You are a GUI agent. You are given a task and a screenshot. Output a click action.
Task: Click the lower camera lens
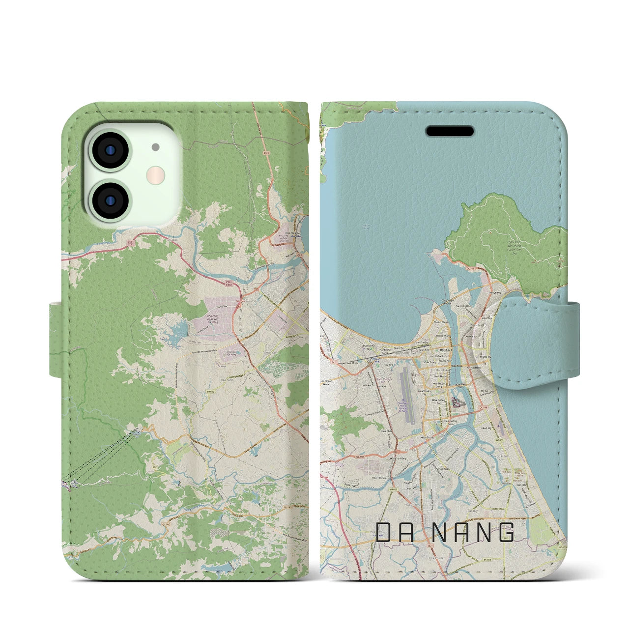click(x=109, y=200)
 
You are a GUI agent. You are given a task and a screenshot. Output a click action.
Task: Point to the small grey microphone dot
click(x=156, y=146)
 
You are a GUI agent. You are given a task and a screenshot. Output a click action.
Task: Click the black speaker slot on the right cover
click(x=450, y=131)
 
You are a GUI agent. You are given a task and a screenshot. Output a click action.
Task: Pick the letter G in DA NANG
click(x=507, y=532)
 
